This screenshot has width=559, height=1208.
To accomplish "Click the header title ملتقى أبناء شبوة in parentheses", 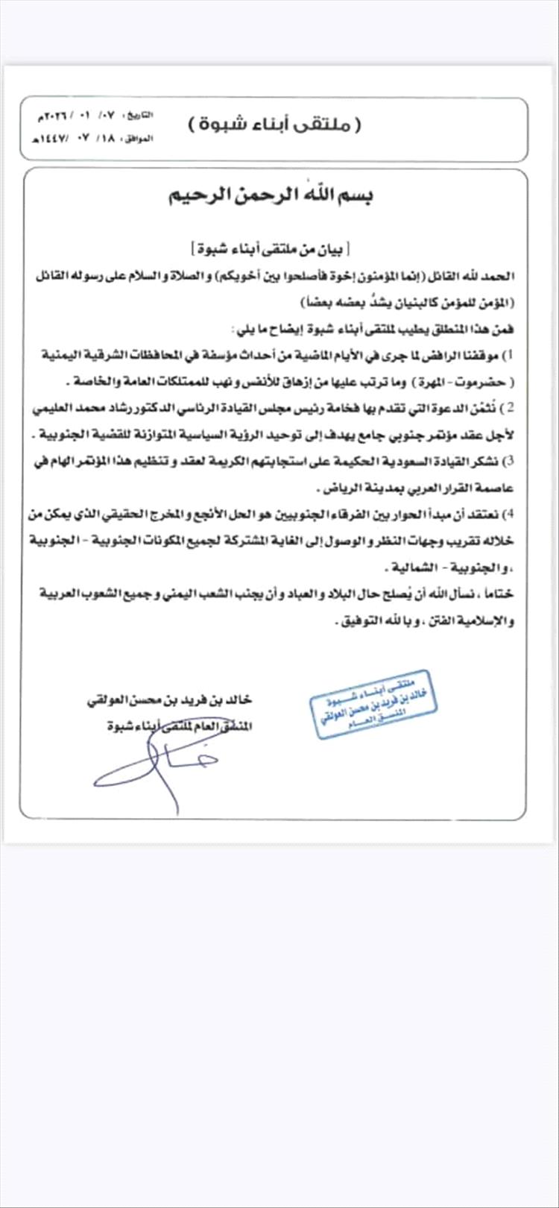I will pos(274,123).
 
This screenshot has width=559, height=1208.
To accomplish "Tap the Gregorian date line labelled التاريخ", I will pos(89,116).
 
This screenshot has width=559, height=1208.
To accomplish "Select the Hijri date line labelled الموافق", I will pos(89,139).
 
